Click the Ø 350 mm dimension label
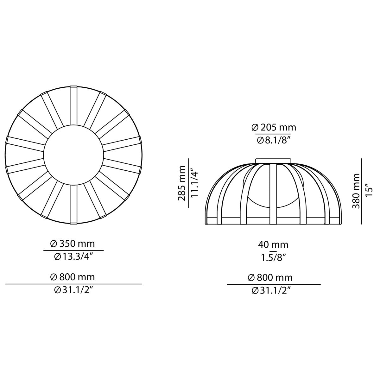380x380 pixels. pos(73,244)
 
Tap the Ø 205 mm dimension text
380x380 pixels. pos(273,127)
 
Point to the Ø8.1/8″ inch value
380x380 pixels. pos(273,140)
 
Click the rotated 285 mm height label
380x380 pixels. pos(182,183)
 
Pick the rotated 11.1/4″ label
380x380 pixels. pos(194,183)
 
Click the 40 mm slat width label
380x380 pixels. pos(273,244)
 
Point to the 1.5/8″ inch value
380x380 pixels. pos(273,257)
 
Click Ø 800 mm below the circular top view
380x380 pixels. pos(73,277)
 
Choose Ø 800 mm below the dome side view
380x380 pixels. pos(273,278)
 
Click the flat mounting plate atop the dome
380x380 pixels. pos(273,161)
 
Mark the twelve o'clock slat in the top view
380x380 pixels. pos(73,104)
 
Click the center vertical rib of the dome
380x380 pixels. pos(273,193)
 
